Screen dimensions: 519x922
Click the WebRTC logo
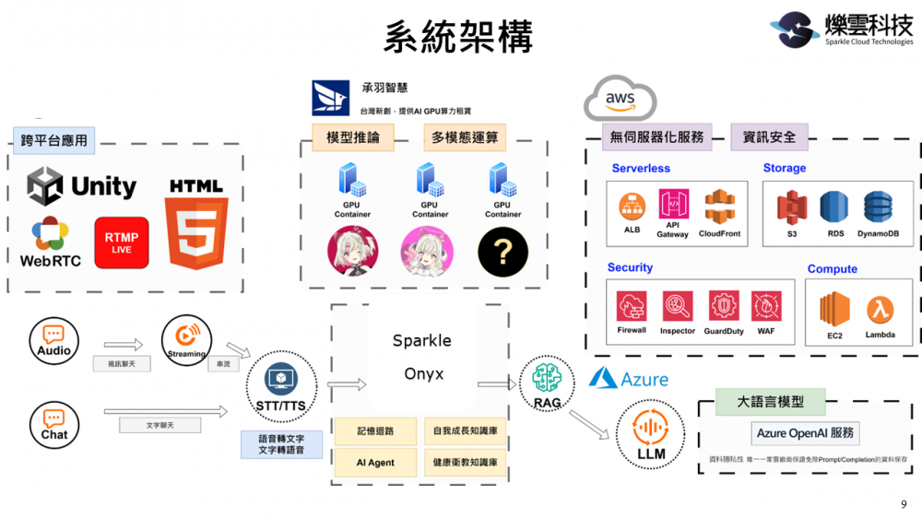click(50, 242)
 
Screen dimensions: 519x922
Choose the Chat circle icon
click(53, 424)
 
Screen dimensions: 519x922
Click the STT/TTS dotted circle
click(281, 386)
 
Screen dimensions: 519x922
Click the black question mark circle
click(502, 251)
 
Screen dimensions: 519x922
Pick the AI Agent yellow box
click(375, 462)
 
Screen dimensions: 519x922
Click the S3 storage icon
click(792, 210)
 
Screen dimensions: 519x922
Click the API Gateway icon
click(673, 208)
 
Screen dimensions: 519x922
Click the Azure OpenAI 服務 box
click(805, 432)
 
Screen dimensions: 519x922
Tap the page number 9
click(903, 503)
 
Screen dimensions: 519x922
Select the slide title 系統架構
click(458, 38)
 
